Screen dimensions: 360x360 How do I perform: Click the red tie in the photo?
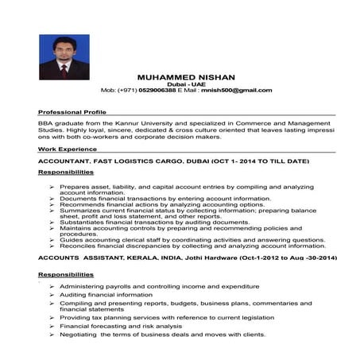click(64, 69)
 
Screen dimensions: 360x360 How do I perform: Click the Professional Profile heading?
click(72, 113)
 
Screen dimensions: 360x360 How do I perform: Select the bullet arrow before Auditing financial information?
click(52, 295)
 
